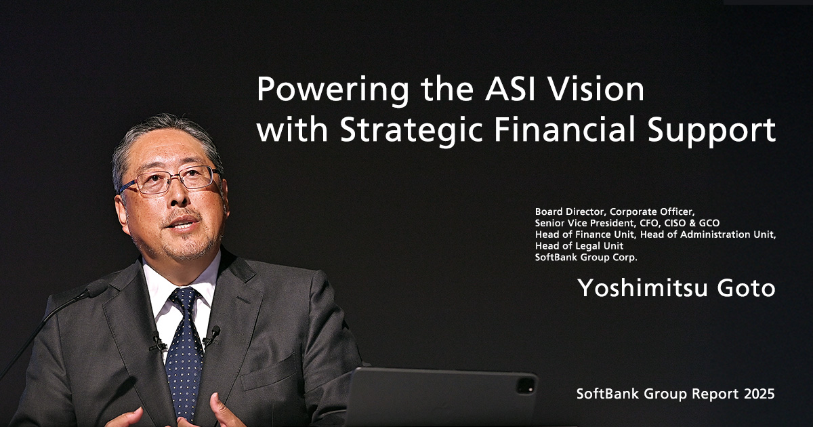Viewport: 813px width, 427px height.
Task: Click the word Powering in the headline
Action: (321, 90)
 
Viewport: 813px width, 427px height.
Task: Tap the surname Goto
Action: (747, 288)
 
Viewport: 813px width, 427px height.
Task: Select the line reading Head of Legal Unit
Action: (579, 246)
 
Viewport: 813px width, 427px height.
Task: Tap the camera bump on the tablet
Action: (525, 386)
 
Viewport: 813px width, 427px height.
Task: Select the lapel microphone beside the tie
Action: (214, 331)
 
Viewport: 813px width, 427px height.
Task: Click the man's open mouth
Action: (184, 223)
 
